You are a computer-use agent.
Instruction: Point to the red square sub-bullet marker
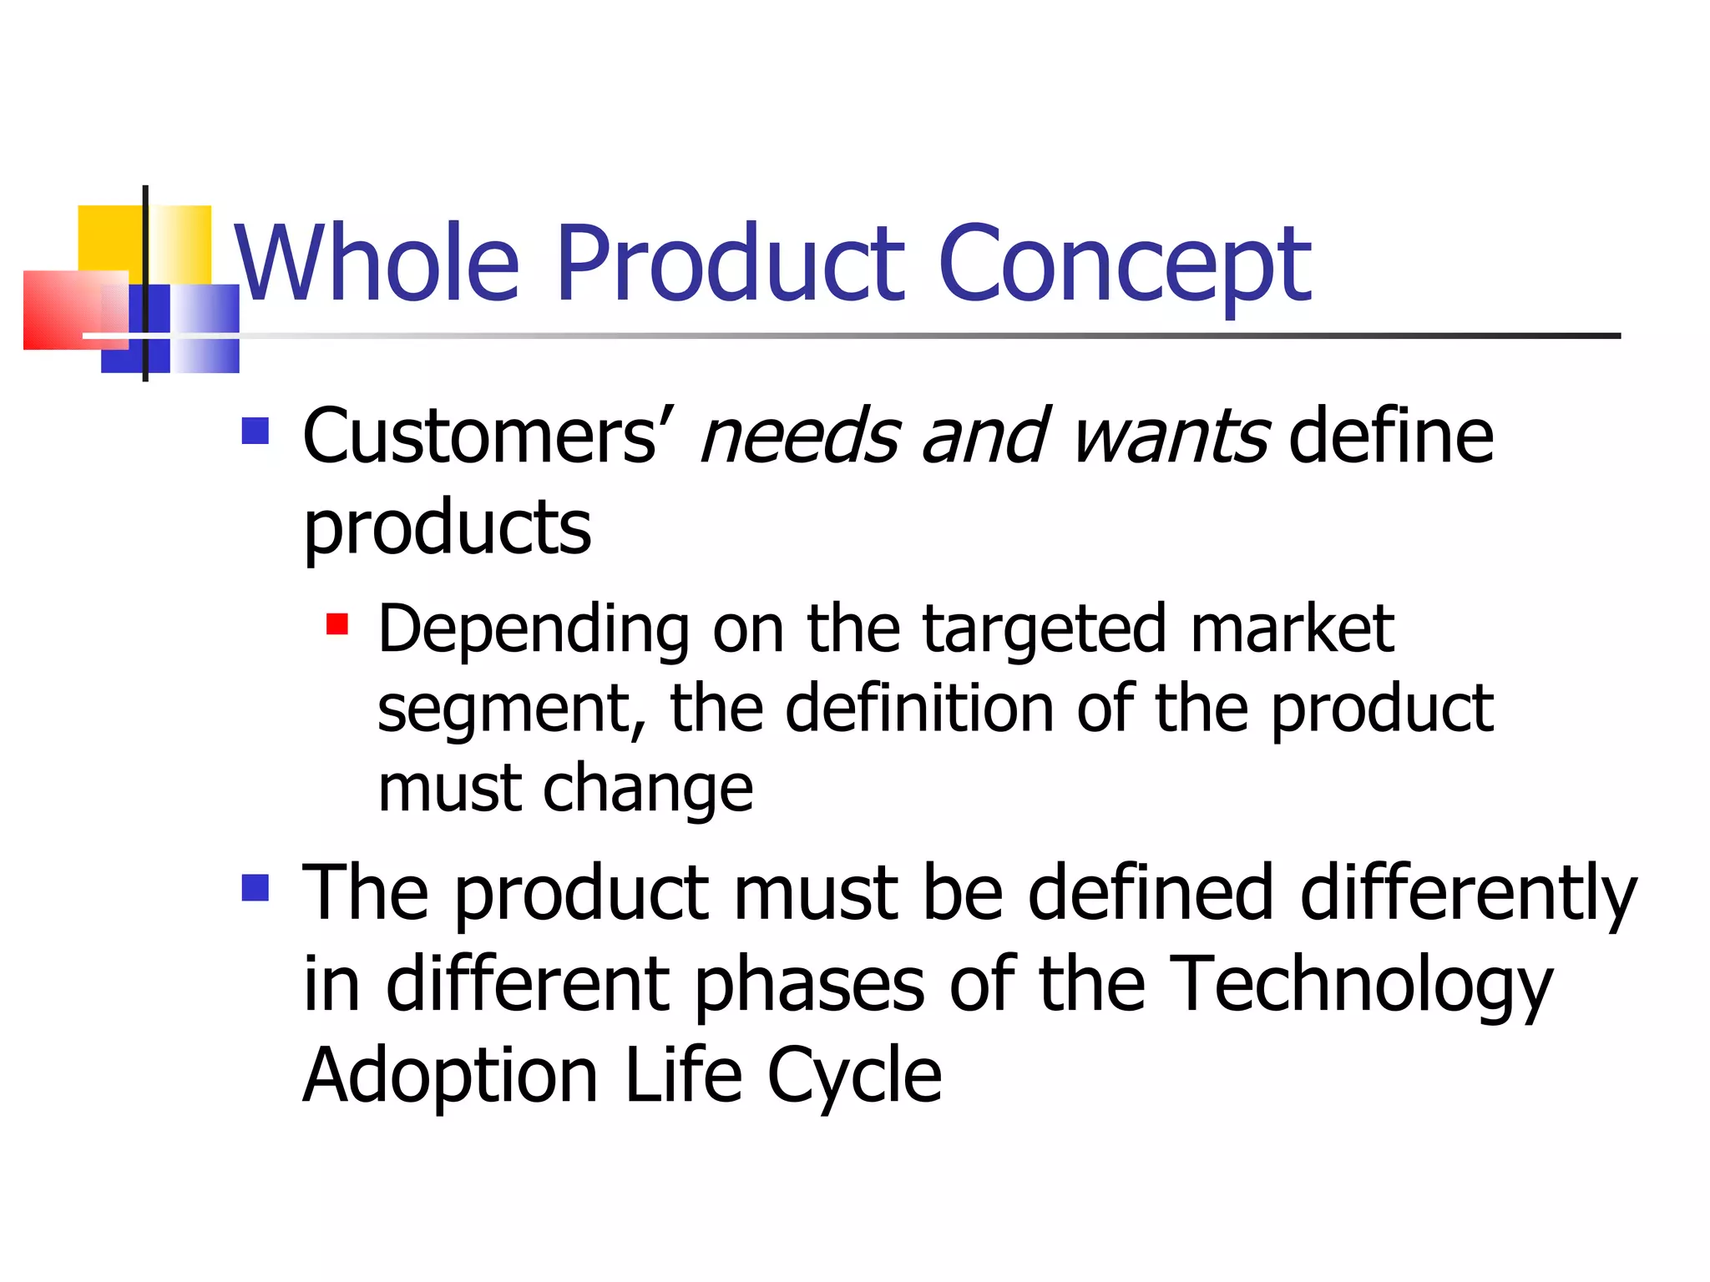click(337, 624)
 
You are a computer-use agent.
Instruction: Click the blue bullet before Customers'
click(255, 431)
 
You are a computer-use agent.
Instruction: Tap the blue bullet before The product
click(255, 888)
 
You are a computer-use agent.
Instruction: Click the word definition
click(919, 709)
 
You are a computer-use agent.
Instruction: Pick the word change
click(648, 790)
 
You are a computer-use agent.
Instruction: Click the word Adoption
click(451, 1078)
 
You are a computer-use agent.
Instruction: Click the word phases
click(809, 986)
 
